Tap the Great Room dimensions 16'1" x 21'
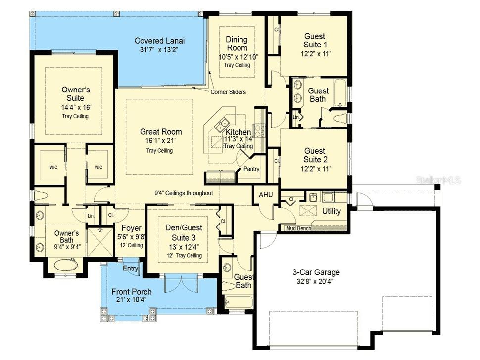[161, 141]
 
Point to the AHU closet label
[266, 194]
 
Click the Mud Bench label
[299, 228]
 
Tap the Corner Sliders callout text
[228, 92]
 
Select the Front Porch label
[132, 292]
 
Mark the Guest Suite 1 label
[315, 40]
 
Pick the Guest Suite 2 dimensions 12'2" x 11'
[315, 169]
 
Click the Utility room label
[331, 211]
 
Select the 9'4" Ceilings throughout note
[183, 193]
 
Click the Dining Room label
[237, 44]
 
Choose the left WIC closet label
[53, 167]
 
